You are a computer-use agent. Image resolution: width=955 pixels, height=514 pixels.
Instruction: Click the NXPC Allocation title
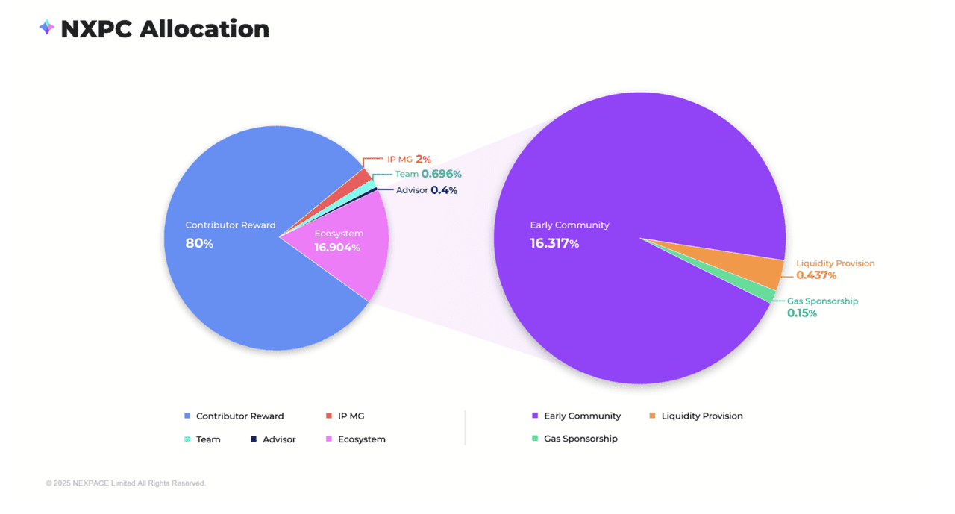pyautogui.click(x=164, y=29)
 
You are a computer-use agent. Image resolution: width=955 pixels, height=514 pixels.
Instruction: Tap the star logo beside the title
pyautogui.click(x=46, y=28)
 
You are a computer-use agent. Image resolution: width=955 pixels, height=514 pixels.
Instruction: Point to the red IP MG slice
pyautogui.click(x=364, y=178)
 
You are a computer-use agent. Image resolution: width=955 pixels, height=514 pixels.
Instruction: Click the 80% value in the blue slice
pyautogui.click(x=199, y=243)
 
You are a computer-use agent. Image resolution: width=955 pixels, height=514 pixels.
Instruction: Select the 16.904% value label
pyautogui.click(x=337, y=248)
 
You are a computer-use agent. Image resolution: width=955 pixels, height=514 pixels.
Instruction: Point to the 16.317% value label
pyautogui.click(x=554, y=243)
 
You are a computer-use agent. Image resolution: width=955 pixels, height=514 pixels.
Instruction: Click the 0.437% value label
pyautogui.click(x=816, y=275)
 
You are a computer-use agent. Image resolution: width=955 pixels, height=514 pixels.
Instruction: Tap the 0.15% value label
pyautogui.click(x=802, y=313)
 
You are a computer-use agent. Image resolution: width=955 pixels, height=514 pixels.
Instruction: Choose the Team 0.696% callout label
pyautogui.click(x=428, y=174)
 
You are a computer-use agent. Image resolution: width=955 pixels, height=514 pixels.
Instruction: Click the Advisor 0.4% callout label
pyautogui.click(x=427, y=190)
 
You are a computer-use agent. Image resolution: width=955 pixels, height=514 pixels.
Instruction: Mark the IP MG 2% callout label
pyautogui.click(x=409, y=159)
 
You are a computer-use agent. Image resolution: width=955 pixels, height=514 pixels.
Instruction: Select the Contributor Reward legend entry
pyautogui.click(x=239, y=416)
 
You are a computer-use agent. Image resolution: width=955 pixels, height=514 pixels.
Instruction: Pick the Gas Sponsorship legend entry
pyautogui.click(x=580, y=439)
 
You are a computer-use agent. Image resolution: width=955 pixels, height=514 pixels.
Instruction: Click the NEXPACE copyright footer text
pyautogui.click(x=125, y=483)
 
